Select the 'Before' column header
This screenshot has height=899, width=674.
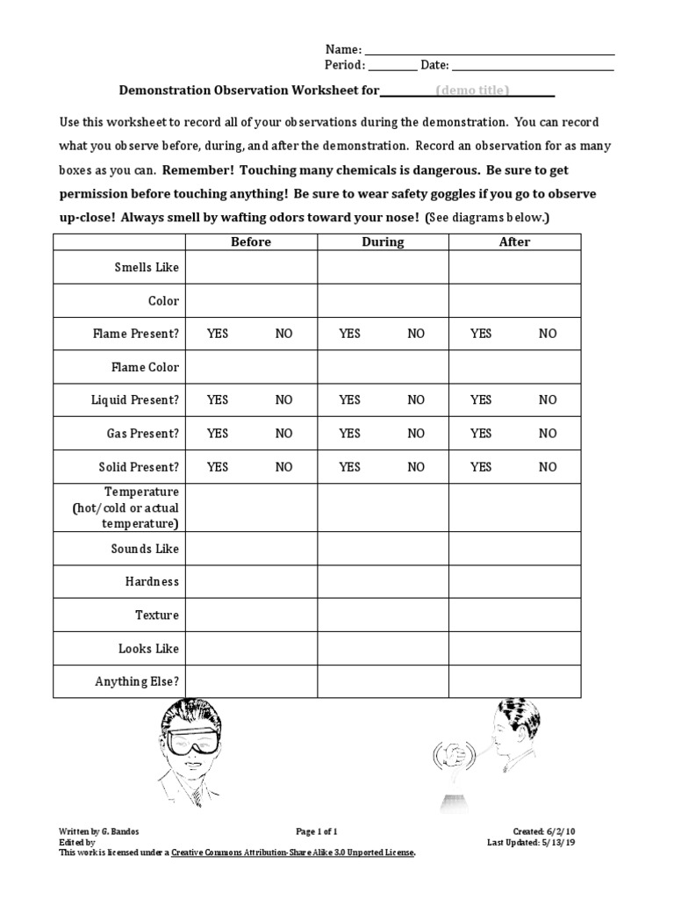(x=251, y=241)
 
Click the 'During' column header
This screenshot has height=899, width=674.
(x=383, y=241)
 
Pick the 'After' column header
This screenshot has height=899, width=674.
(x=514, y=241)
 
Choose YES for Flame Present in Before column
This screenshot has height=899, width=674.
(x=218, y=334)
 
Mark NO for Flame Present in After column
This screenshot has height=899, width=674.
(x=548, y=334)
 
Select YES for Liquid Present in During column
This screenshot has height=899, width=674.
(x=349, y=400)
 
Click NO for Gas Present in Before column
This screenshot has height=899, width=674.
(x=283, y=434)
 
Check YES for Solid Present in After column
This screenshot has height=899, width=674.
(x=481, y=467)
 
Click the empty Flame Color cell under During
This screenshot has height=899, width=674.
(x=383, y=367)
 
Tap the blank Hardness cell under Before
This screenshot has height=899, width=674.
(x=251, y=582)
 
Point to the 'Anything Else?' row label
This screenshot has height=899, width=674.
(x=137, y=681)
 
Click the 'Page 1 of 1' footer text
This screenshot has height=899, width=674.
(x=317, y=831)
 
